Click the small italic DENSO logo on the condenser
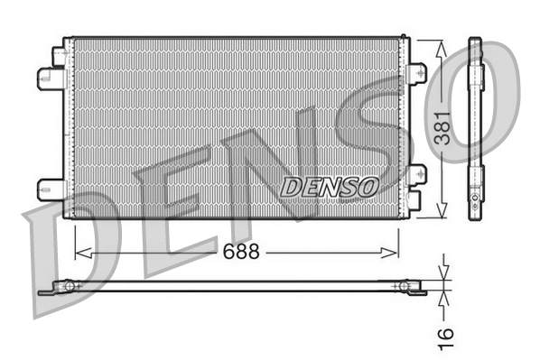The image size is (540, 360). pos(329,187)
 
